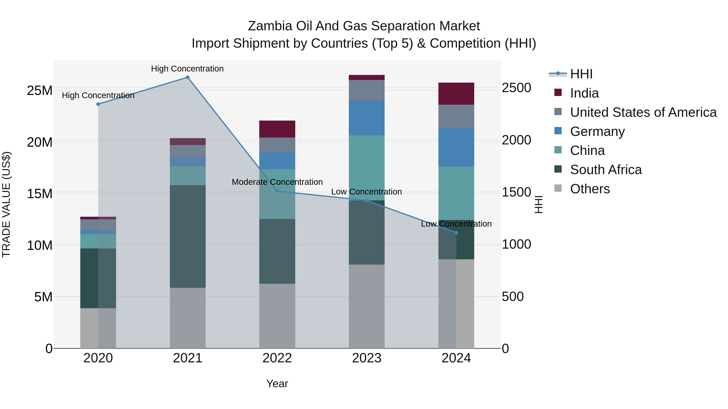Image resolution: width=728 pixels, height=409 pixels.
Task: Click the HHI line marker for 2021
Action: [x=187, y=77]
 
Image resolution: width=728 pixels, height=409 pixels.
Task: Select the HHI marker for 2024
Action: [x=456, y=233]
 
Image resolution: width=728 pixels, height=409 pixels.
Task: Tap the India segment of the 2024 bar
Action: [x=456, y=94]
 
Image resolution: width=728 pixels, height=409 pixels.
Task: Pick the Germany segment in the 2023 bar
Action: [x=367, y=118]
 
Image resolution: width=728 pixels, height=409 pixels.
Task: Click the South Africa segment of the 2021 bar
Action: [x=187, y=237]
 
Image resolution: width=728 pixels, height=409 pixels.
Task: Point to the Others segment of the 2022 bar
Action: [x=277, y=316]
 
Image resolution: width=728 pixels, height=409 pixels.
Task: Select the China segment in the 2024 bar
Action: [x=456, y=193]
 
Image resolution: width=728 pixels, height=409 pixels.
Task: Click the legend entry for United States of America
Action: [x=643, y=112]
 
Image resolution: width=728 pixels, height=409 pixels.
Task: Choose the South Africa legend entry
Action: [x=606, y=170]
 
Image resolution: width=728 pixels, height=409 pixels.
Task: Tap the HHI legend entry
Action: [x=581, y=74]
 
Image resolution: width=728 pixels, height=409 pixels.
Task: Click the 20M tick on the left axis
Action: [x=40, y=142]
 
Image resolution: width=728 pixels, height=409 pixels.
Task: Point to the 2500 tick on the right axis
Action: [x=516, y=88]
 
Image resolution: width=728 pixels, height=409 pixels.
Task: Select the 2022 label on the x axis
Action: [x=277, y=358]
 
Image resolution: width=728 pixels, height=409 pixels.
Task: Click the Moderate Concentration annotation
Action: [x=277, y=182]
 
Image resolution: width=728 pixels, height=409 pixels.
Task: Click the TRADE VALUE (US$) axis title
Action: [x=6, y=204]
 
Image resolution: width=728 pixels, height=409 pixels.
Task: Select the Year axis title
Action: [x=277, y=384]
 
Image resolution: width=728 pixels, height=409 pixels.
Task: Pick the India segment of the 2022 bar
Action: [x=277, y=129]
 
